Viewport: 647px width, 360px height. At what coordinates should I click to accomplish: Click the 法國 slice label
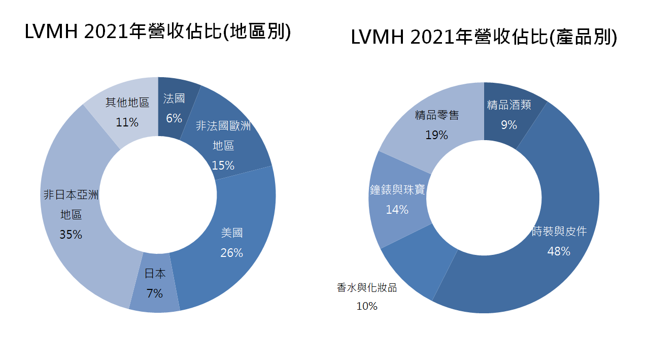[174, 99]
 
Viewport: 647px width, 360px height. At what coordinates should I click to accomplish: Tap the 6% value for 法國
[174, 118]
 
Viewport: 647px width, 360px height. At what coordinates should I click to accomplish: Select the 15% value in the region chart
[223, 166]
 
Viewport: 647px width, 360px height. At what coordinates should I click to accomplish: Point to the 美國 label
[232, 233]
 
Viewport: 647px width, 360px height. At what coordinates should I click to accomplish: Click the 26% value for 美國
[232, 252]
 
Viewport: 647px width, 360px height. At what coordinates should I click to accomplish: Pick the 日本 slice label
[155, 274]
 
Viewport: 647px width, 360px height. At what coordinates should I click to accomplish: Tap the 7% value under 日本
[155, 293]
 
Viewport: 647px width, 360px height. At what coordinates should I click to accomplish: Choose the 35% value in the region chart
[71, 235]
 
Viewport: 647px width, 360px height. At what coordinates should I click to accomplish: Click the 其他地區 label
[127, 103]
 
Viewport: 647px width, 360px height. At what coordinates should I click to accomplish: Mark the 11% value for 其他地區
[127, 122]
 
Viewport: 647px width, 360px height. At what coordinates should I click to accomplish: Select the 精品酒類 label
[509, 105]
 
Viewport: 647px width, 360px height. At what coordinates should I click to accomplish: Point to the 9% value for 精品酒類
[509, 124]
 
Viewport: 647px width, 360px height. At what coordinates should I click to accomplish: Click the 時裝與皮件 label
[559, 232]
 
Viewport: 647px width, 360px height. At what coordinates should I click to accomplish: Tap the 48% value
[559, 251]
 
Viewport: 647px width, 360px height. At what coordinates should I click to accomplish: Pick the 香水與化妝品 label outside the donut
[366, 288]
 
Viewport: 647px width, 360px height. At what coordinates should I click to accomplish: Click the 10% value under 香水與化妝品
[366, 306]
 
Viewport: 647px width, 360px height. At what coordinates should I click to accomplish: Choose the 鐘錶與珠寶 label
[397, 190]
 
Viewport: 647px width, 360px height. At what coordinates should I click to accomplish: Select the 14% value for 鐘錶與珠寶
[397, 209]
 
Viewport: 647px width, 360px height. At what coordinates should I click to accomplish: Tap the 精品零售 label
[437, 115]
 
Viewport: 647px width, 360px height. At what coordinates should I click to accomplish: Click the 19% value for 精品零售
[437, 135]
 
